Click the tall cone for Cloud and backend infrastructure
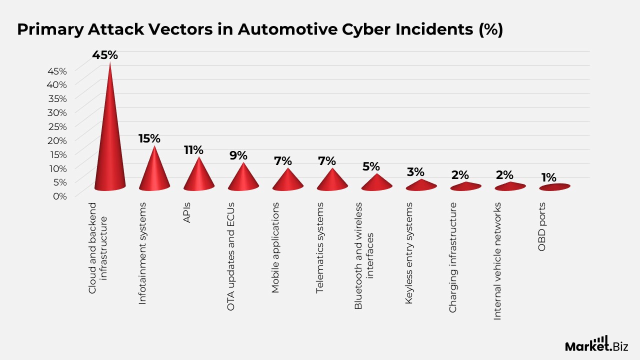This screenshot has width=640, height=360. (109, 150)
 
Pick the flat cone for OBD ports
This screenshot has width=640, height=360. (554, 187)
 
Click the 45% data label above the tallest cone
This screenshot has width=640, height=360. (105, 55)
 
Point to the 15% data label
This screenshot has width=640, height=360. (149, 138)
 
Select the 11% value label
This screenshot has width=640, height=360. (193, 150)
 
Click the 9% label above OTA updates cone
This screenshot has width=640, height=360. (238, 155)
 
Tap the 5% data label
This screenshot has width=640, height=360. (371, 166)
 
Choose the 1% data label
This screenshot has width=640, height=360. (548, 177)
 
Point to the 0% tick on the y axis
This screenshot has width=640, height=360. (60, 196)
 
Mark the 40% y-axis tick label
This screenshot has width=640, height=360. (57, 84)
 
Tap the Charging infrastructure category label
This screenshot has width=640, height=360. (453, 257)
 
